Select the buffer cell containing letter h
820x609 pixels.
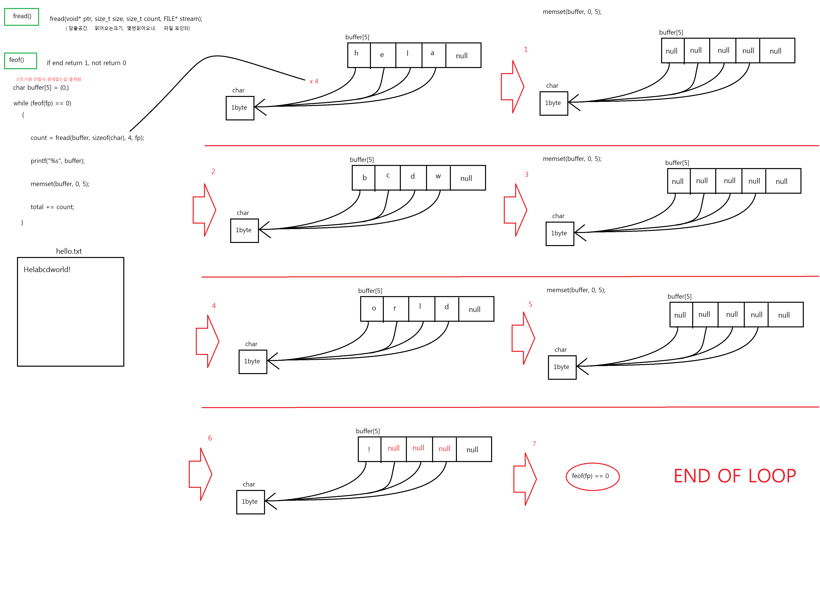point(359,55)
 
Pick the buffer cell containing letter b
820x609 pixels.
point(363,177)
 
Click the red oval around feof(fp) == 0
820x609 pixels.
point(592,476)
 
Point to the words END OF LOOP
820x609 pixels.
point(734,476)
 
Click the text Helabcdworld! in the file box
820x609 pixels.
point(47,270)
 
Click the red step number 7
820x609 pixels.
point(534,443)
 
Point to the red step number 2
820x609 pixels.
point(213,171)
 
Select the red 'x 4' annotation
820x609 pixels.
point(314,81)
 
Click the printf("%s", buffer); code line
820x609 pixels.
point(57,161)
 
